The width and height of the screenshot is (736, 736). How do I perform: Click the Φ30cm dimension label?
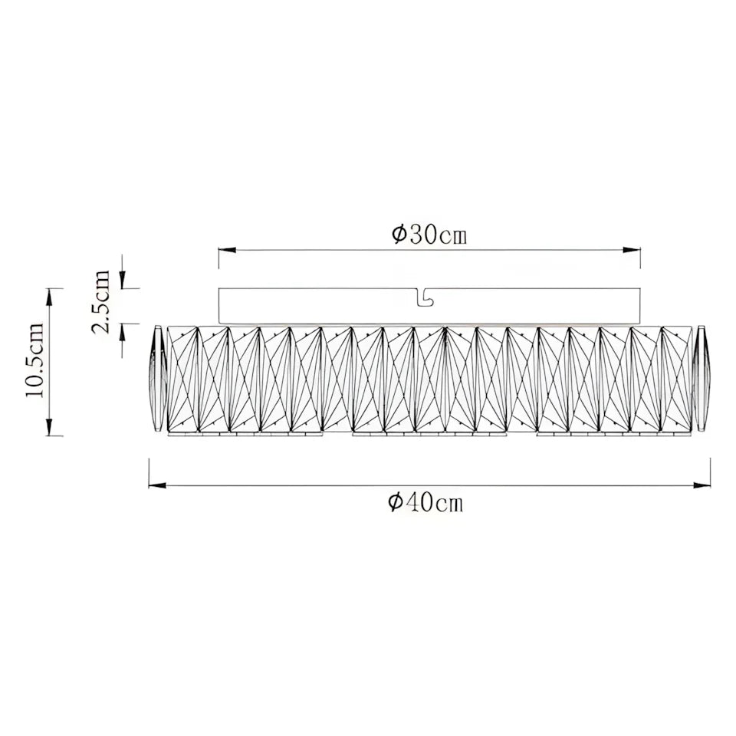click(429, 235)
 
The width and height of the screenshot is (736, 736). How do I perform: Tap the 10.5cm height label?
click(35, 360)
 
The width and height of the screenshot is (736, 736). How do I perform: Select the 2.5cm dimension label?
click(101, 302)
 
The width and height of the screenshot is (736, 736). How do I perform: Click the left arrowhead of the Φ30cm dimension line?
click(226, 250)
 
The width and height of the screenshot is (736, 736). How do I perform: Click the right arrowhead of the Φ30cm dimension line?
click(632, 250)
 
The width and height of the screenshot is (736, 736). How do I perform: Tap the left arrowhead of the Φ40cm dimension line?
click(156, 485)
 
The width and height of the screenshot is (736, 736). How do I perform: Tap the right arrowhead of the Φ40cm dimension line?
click(702, 485)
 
